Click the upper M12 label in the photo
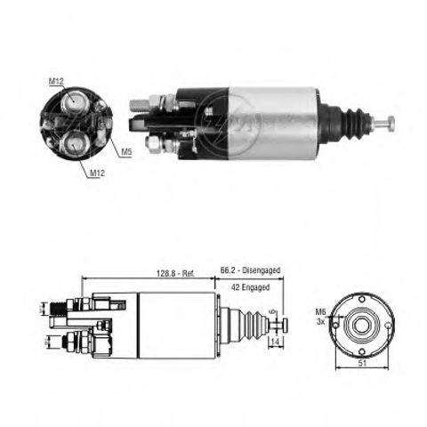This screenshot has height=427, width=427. [56, 81]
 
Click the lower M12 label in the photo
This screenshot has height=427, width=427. [97, 173]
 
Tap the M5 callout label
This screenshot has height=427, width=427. [126, 152]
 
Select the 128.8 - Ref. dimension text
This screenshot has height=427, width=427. [175, 273]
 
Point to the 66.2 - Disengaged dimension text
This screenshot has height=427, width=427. [250, 270]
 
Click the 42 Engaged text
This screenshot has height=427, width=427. [250, 287]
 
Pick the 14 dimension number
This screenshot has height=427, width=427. [275, 342]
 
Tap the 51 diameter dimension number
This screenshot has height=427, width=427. [362, 363]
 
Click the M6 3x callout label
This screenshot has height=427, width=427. [320, 317]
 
